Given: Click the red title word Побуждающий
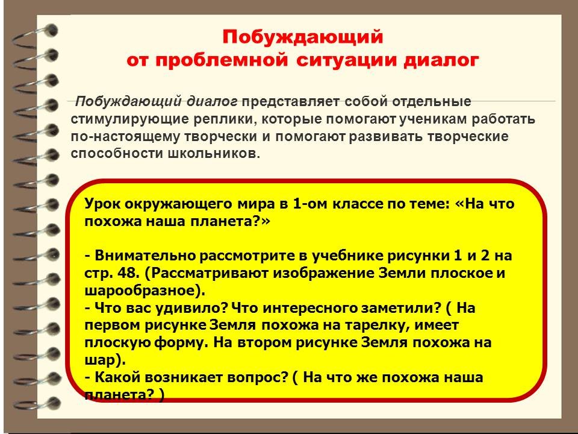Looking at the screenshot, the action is click(x=303, y=37).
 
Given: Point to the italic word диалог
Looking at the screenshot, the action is click(x=212, y=101).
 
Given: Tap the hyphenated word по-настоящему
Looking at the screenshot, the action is click(x=125, y=137).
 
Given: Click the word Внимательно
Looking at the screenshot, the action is click(x=145, y=256).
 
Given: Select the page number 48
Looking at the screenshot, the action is click(x=128, y=273).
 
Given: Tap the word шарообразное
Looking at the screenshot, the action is click(x=145, y=291).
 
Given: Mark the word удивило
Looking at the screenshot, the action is click(x=189, y=308).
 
